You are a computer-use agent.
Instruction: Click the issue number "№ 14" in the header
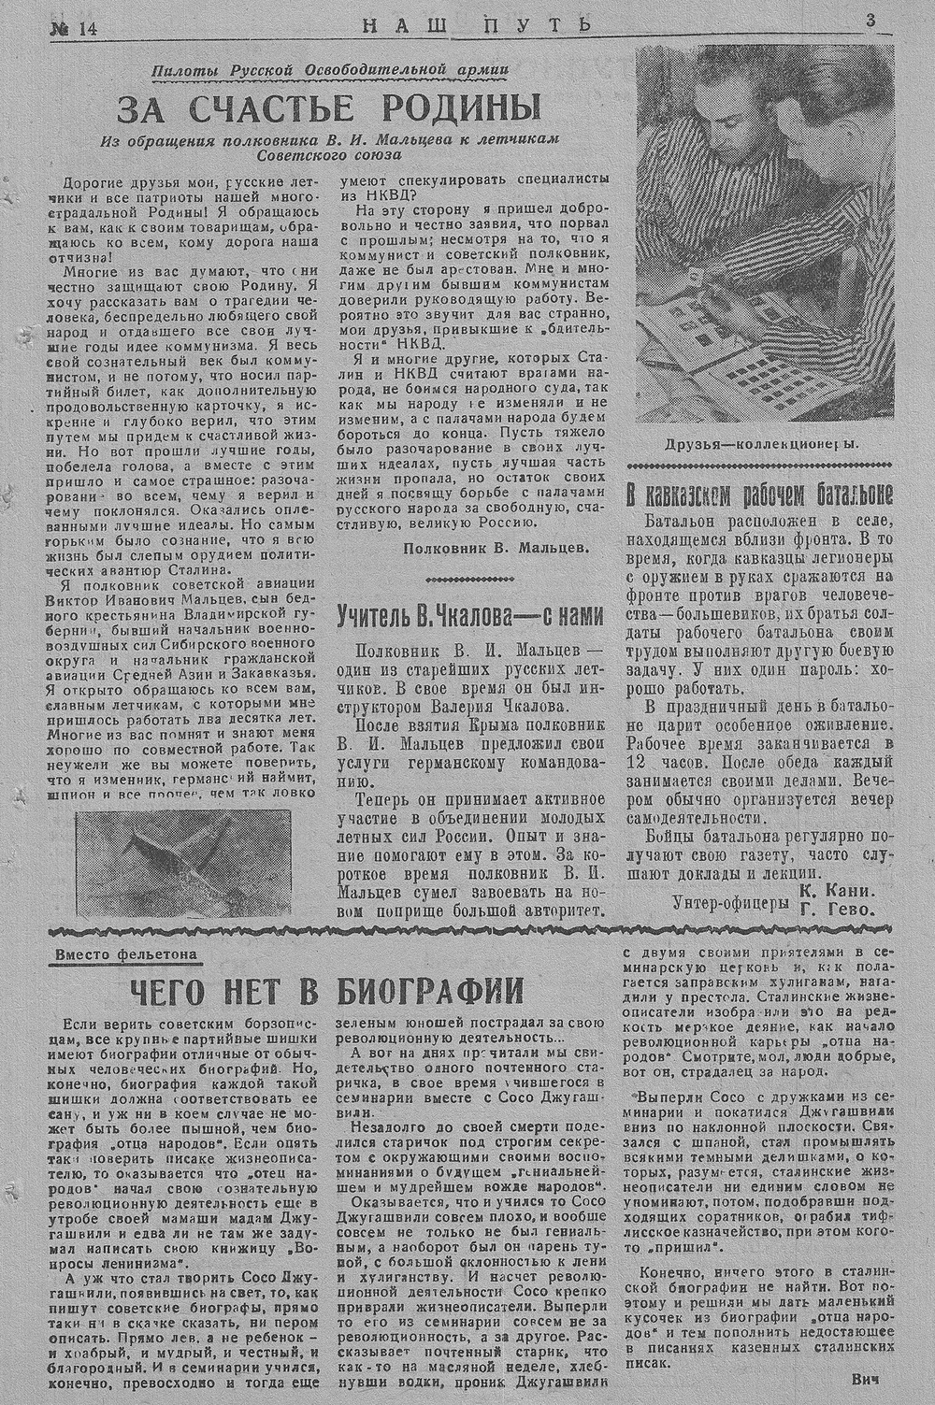[75, 29]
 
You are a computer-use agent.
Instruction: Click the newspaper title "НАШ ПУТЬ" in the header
[476, 25]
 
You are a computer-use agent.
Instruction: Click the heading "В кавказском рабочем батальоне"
[759, 495]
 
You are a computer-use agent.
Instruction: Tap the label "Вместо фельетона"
[127, 954]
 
